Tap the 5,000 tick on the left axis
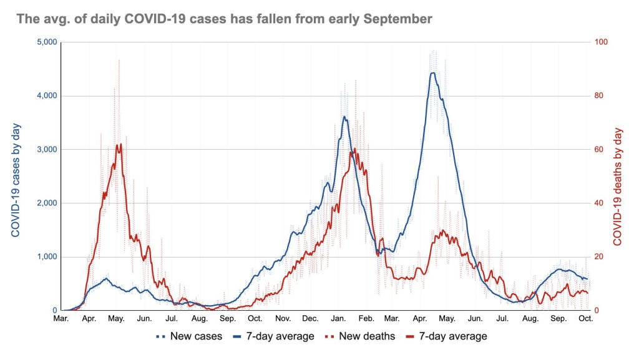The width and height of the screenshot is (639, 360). coord(47,42)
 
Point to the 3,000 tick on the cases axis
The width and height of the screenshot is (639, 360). coord(47,150)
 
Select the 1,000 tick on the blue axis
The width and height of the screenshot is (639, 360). coord(47,257)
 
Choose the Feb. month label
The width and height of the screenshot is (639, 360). coord(366,319)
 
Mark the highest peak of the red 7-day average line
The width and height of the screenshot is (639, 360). coord(119,145)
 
